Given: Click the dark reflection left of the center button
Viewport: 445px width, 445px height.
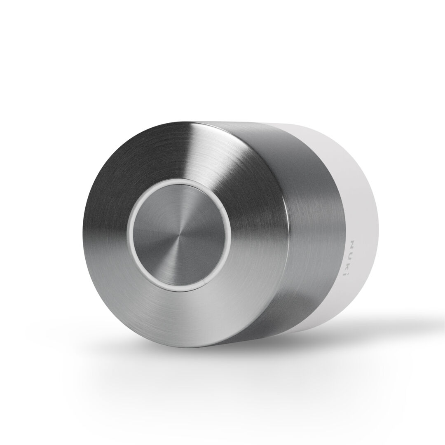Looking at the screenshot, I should [x=103, y=231].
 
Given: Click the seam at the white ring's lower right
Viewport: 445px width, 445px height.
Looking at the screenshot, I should [x=205, y=282].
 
